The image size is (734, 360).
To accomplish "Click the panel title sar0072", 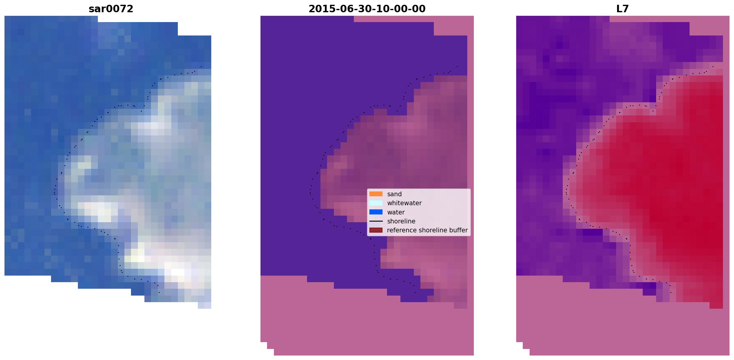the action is point(111,9).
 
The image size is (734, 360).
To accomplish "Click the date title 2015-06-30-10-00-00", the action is point(367,9).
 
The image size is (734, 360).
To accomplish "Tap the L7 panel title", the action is point(622,9).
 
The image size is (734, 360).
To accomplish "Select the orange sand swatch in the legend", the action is point(376,194).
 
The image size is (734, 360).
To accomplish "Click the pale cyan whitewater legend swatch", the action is point(376,203).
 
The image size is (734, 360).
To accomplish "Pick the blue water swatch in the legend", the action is point(376,212).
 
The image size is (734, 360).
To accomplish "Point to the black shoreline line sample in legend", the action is point(376,221).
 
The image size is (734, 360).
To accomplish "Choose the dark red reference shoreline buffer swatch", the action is point(376,230).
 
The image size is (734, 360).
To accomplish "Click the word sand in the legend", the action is point(394,194).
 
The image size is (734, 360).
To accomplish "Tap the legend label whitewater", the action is point(404,203).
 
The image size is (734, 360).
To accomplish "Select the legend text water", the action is point(396,212).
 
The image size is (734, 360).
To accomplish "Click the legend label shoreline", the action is point(401,221).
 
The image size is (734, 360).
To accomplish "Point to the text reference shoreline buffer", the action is point(427,230).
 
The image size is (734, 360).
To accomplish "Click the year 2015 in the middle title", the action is point(319,9).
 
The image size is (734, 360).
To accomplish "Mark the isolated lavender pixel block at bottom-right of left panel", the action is point(204,305).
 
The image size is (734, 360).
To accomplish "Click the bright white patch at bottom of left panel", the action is point(178,272).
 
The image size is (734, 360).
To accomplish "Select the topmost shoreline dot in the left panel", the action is point(201,67).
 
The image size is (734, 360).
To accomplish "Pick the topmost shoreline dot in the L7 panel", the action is point(713,67).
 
